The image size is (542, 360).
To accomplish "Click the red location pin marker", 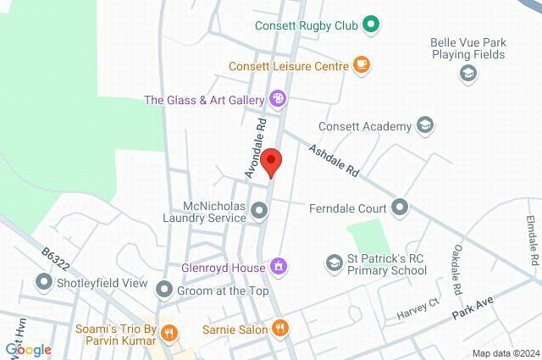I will tap(271, 162).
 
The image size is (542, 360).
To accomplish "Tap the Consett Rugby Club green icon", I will tap(370, 25).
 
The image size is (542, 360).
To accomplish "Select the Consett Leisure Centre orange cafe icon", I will tap(362, 64).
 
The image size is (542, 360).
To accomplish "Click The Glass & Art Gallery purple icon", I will tap(277, 100).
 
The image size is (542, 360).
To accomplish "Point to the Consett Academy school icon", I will tap(425, 126).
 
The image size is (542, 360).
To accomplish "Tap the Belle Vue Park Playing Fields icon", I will tap(467, 74).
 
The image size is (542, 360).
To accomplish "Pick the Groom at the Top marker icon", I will tap(163, 291).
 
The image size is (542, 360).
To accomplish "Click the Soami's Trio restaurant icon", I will tap(169, 333).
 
